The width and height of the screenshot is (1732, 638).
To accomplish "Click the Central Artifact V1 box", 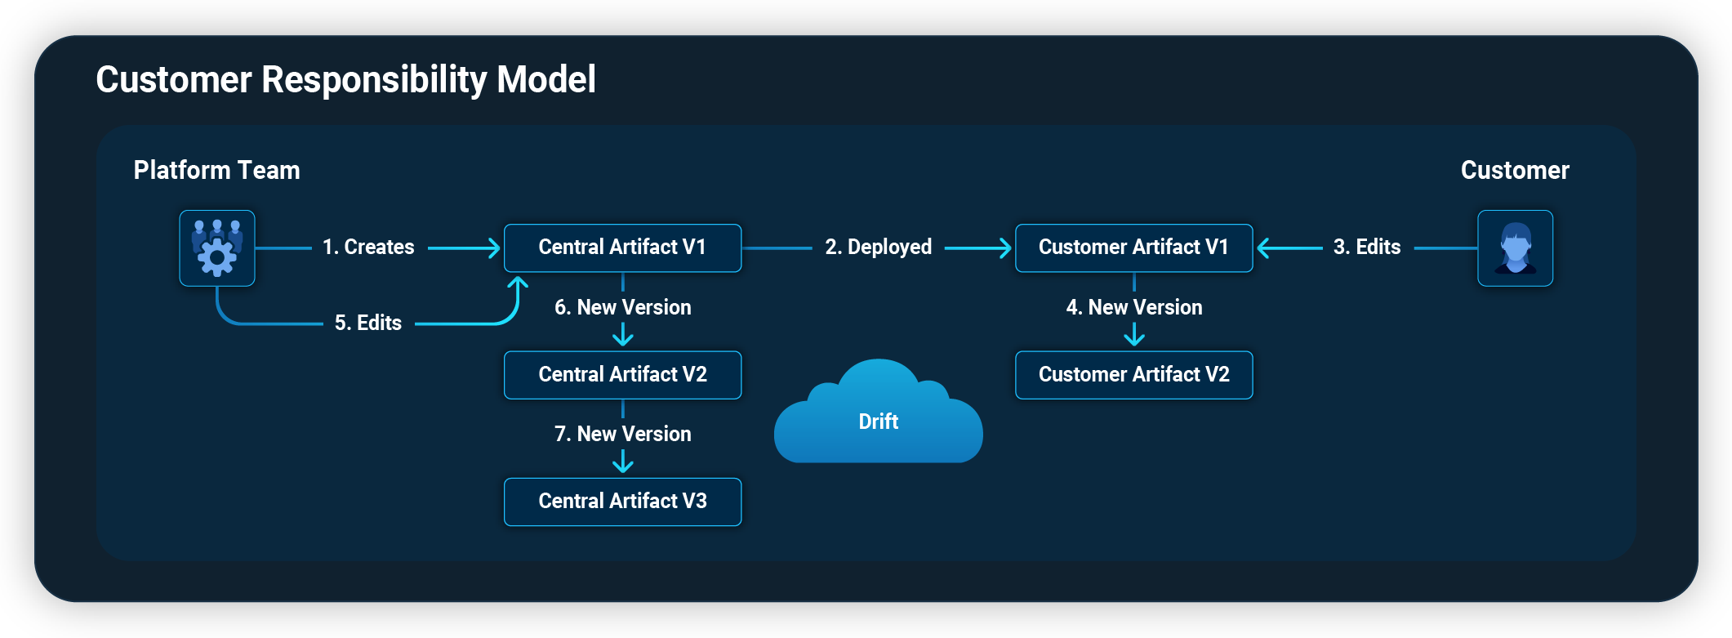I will click(x=622, y=248).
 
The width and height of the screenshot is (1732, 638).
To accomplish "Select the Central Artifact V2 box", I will click(x=622, y=375).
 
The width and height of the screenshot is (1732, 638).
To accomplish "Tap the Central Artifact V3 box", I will click(x=622, y=502).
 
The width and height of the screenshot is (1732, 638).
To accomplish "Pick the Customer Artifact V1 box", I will click(x=1133, y=248).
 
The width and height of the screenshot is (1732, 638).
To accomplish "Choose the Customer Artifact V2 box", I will click(x=1133, y=375).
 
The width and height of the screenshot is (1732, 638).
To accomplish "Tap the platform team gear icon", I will click(x=217, y=248).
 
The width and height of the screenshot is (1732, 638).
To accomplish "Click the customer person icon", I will click(x=1515, y=248).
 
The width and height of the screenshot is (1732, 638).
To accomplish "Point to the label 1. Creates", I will click(x=368, y=247).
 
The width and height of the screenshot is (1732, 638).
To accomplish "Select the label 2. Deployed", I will click(x=878, y=247).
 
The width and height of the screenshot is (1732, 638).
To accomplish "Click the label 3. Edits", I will click(x=1366, y=247).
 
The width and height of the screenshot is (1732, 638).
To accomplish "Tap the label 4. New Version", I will click(x=1133, y=307).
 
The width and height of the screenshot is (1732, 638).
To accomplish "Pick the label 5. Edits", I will click(x=368, y=323).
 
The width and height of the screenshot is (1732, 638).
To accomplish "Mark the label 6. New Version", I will click(x=622, y=307).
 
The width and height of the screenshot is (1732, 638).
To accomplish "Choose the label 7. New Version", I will click(x=622, y=434).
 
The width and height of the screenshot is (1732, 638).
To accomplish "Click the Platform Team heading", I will click(x=216, y=170).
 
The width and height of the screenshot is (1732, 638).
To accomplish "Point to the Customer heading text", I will click(x=1515, y=170).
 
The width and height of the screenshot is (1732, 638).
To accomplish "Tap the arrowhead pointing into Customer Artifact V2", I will click(x=1133, y=337).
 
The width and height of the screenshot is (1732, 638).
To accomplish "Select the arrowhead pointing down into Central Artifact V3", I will click(x=623, y=465).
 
